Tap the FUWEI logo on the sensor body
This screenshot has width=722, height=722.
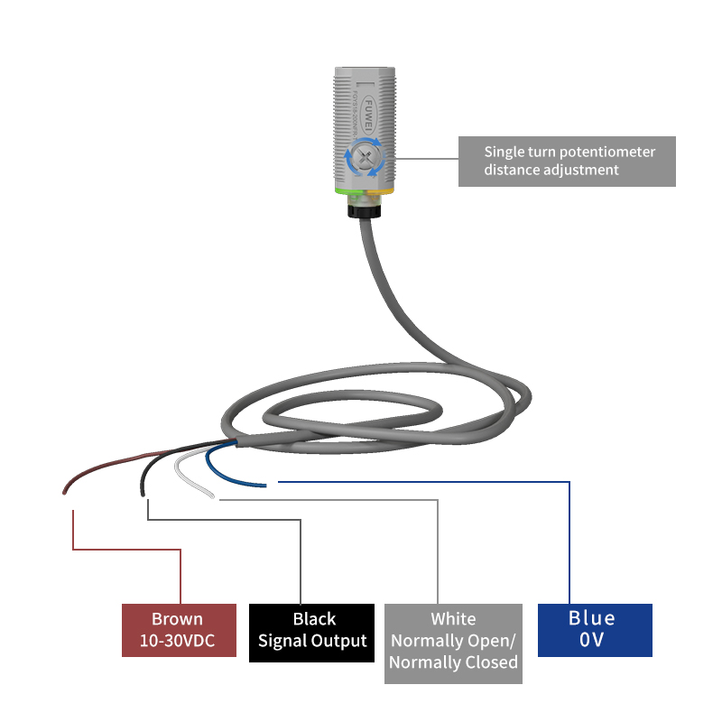click(367, 111)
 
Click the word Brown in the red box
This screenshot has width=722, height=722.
click(177, 619)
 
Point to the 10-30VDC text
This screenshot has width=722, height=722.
click(178, 641)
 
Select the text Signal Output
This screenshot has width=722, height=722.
click(312, 641)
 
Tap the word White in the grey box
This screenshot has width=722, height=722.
click(453, 619)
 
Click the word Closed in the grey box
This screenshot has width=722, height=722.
click(486, 662)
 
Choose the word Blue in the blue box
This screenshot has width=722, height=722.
click(592, 618)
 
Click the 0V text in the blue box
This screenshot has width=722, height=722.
click(592, 640)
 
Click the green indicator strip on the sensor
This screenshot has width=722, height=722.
click(348, 191)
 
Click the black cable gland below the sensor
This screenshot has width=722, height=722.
click(366, 208)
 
